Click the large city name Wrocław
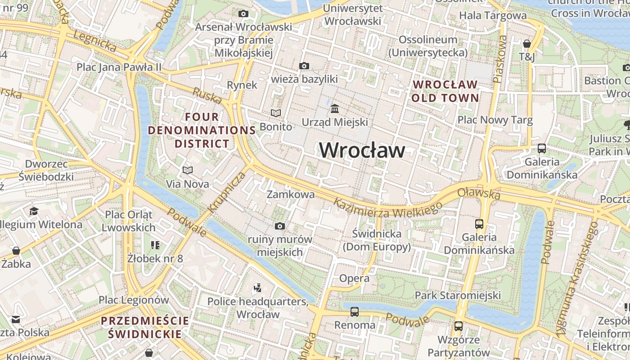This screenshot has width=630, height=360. [x=362, y=150]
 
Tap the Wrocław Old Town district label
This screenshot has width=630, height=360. [x=445, y=91]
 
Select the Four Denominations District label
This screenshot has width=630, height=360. [x=202, y=130]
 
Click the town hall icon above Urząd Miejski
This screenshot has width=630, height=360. [x=335, y=109]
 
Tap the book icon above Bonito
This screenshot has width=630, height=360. [x=276, y=113]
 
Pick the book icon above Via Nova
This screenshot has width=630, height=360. [x=188, y=171]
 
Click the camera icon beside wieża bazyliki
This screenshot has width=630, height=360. [x=304, y=66]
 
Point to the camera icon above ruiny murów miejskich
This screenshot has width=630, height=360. [x=280, y=226]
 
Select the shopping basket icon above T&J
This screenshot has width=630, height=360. [x=526, y=44]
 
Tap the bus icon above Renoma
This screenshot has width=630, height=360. [x=355, y=311]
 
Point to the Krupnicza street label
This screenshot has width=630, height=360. [x=228, y=192]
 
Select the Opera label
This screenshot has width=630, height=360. [x=354, y=278]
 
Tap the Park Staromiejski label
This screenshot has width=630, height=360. [x=458, y=295]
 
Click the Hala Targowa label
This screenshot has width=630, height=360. [x=493, y=15]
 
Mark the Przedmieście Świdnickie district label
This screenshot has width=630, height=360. [x=145, y=327]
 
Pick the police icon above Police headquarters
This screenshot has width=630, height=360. [x=258, y=288]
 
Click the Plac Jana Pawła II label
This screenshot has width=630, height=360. [x=119, y=67]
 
